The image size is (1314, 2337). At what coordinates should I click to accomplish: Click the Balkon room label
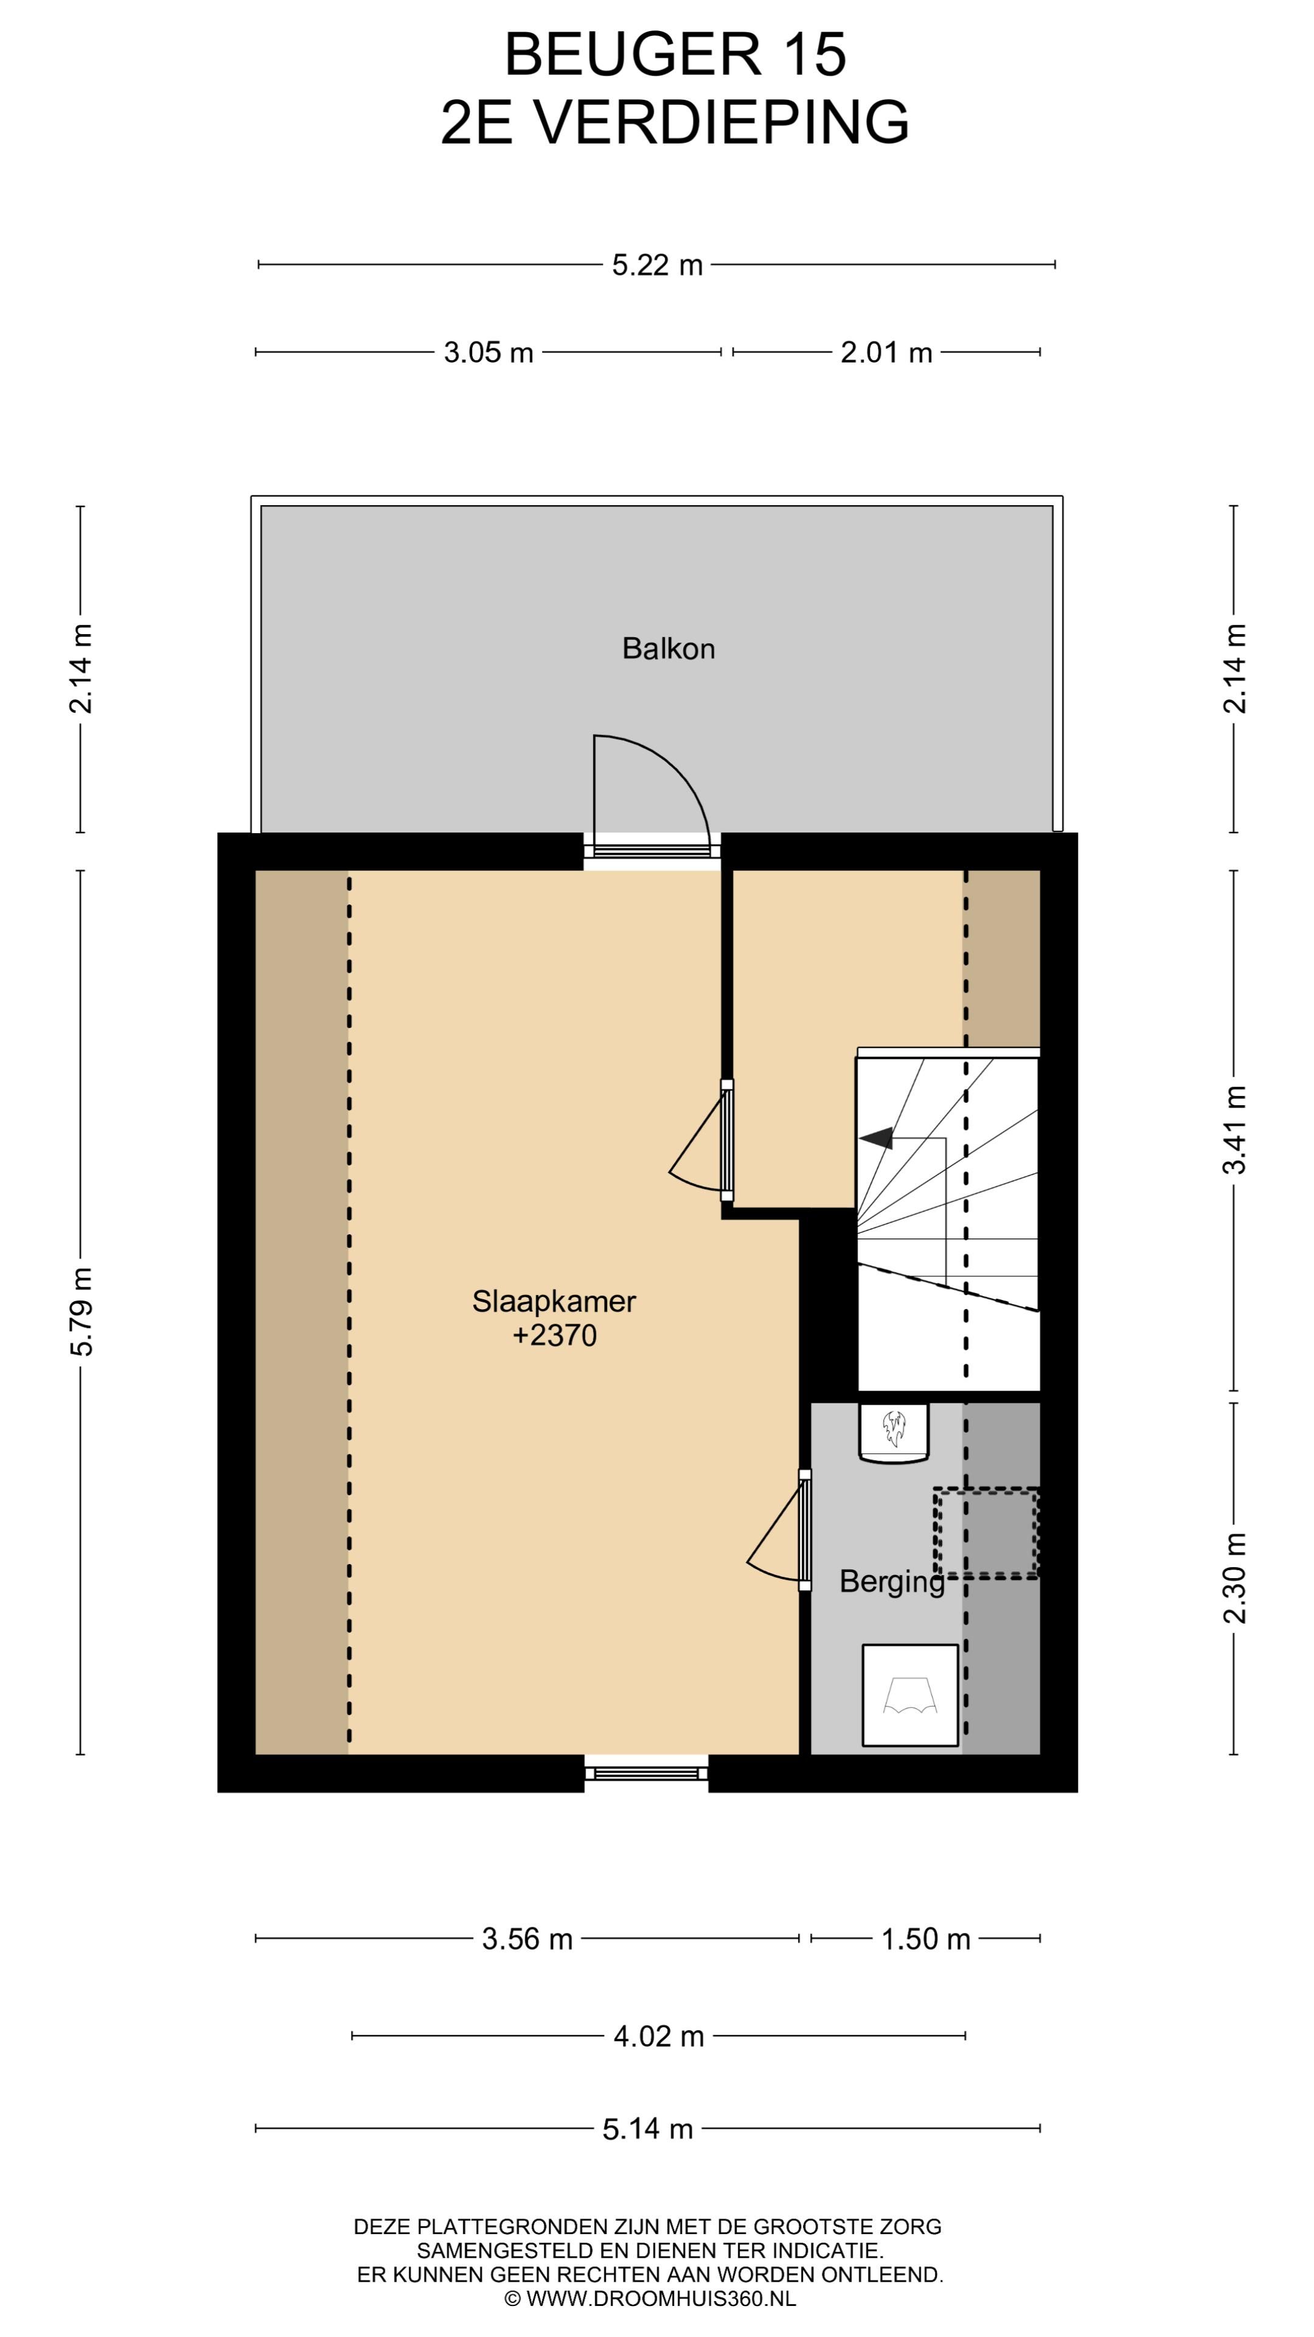pos(669,649)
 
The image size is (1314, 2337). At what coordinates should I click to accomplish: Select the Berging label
pos(891,1581)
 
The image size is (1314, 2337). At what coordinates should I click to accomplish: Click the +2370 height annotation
pos(554,1335)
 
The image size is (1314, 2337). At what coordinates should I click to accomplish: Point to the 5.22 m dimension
pos(656,265)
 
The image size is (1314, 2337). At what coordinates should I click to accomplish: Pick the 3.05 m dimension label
pos(488,352)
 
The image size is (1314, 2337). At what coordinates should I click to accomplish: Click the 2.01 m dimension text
pos(886,352)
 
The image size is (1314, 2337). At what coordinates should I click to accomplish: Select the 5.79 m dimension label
pos(82,1313)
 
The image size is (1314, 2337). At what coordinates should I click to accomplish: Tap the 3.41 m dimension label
pos(1234,1130)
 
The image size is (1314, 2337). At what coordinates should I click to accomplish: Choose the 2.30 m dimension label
pos(1234,1579)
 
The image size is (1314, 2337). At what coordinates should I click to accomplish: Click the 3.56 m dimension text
pos(527,1939)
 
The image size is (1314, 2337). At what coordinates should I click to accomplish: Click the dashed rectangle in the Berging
pos(987,1533)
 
